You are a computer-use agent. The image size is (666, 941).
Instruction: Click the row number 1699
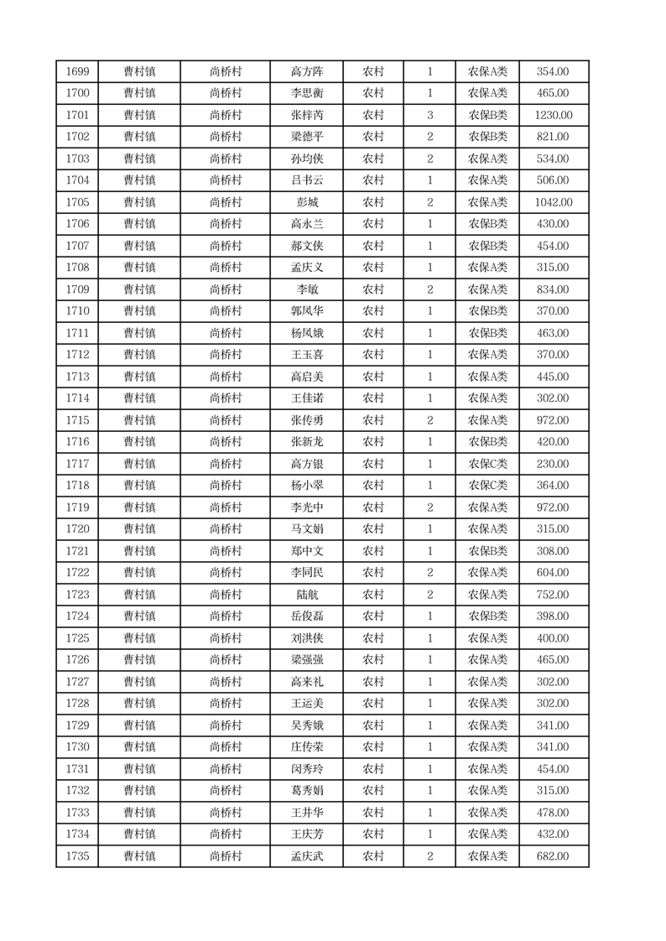pyautogui.click(x=77, y=71)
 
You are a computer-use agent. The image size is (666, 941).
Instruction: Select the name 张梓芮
pyautogui.click(x=306, y=115)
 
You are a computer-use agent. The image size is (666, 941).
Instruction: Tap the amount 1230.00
pyautogui.click(x=553, y=115)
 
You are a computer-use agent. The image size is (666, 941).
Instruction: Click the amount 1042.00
pyautogui.click(x=553, y=202)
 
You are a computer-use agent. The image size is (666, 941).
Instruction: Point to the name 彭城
pyautogui.click(x=306, y=202)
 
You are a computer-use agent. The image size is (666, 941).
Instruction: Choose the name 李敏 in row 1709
pyautogui.click(x=306, y=289)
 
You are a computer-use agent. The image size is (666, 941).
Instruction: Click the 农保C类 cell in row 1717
pyautogui.click(x=487, y=464)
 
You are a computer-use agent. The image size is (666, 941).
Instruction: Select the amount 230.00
pyautogui.click(x=553, y=464)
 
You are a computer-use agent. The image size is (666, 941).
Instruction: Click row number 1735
pyautogui.click(x=77, y=856)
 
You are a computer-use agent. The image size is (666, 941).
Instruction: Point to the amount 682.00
pyautogui.click(x=553, y=856)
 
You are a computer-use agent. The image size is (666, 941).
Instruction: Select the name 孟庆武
pyautogui.click(x=306, y=856)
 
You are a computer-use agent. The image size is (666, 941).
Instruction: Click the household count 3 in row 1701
pyautogui.click(x=429, y=115)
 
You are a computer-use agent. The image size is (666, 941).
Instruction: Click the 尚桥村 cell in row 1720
pyautogui.click(x=225, y=529)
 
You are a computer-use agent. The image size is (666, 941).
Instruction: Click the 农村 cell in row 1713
pyautogui.click(x=372, y=377)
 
